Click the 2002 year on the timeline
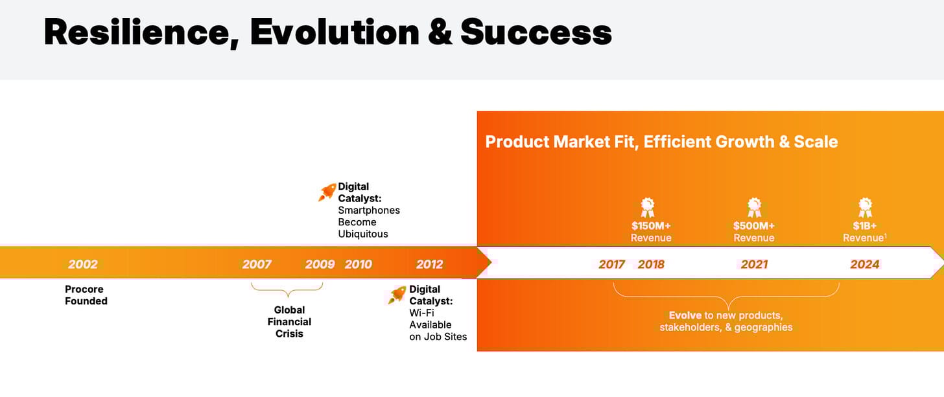83,264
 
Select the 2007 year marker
257,264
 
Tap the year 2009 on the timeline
320,264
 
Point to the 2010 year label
358,264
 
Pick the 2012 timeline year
429,264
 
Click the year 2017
611,264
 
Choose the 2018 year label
651,264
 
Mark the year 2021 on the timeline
755,264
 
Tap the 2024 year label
865,264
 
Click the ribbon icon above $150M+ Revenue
648,207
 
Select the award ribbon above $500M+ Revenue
755,207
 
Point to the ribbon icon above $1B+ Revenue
865,207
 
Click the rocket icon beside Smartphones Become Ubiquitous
327,192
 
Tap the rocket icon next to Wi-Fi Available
397,295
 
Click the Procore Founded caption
86,295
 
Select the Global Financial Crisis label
289,322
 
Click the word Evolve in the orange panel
685,315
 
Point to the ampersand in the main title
440,32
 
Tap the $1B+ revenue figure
865,226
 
